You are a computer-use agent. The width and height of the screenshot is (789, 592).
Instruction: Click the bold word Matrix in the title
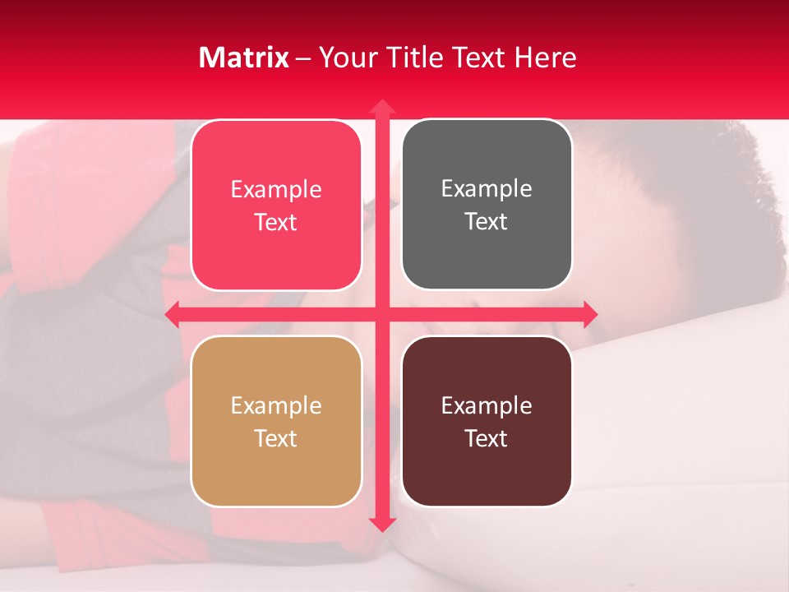[x=244, y=58]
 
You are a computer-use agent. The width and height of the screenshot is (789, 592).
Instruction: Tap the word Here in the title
[x=545, y=58]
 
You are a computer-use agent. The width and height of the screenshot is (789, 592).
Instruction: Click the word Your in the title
[x=345, y=58]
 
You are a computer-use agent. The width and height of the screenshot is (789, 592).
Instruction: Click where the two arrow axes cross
[x=381, y=313]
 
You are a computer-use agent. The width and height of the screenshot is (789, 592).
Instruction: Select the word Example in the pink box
[x=276, y=190]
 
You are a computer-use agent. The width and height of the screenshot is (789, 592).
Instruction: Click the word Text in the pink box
[x=276, y=223]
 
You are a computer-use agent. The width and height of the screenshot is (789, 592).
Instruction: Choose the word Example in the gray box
[x=487, y=189]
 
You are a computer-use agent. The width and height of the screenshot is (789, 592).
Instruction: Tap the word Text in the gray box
[x=487, y=222]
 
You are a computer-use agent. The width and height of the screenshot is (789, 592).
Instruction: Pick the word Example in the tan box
[x=276, y=406]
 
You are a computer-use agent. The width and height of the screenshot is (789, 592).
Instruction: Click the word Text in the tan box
[x=276, y=439]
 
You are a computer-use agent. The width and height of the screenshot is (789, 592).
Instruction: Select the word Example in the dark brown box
[x=487, y=406]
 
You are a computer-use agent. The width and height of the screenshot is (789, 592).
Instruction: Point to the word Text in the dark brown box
[x=487, y=439]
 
